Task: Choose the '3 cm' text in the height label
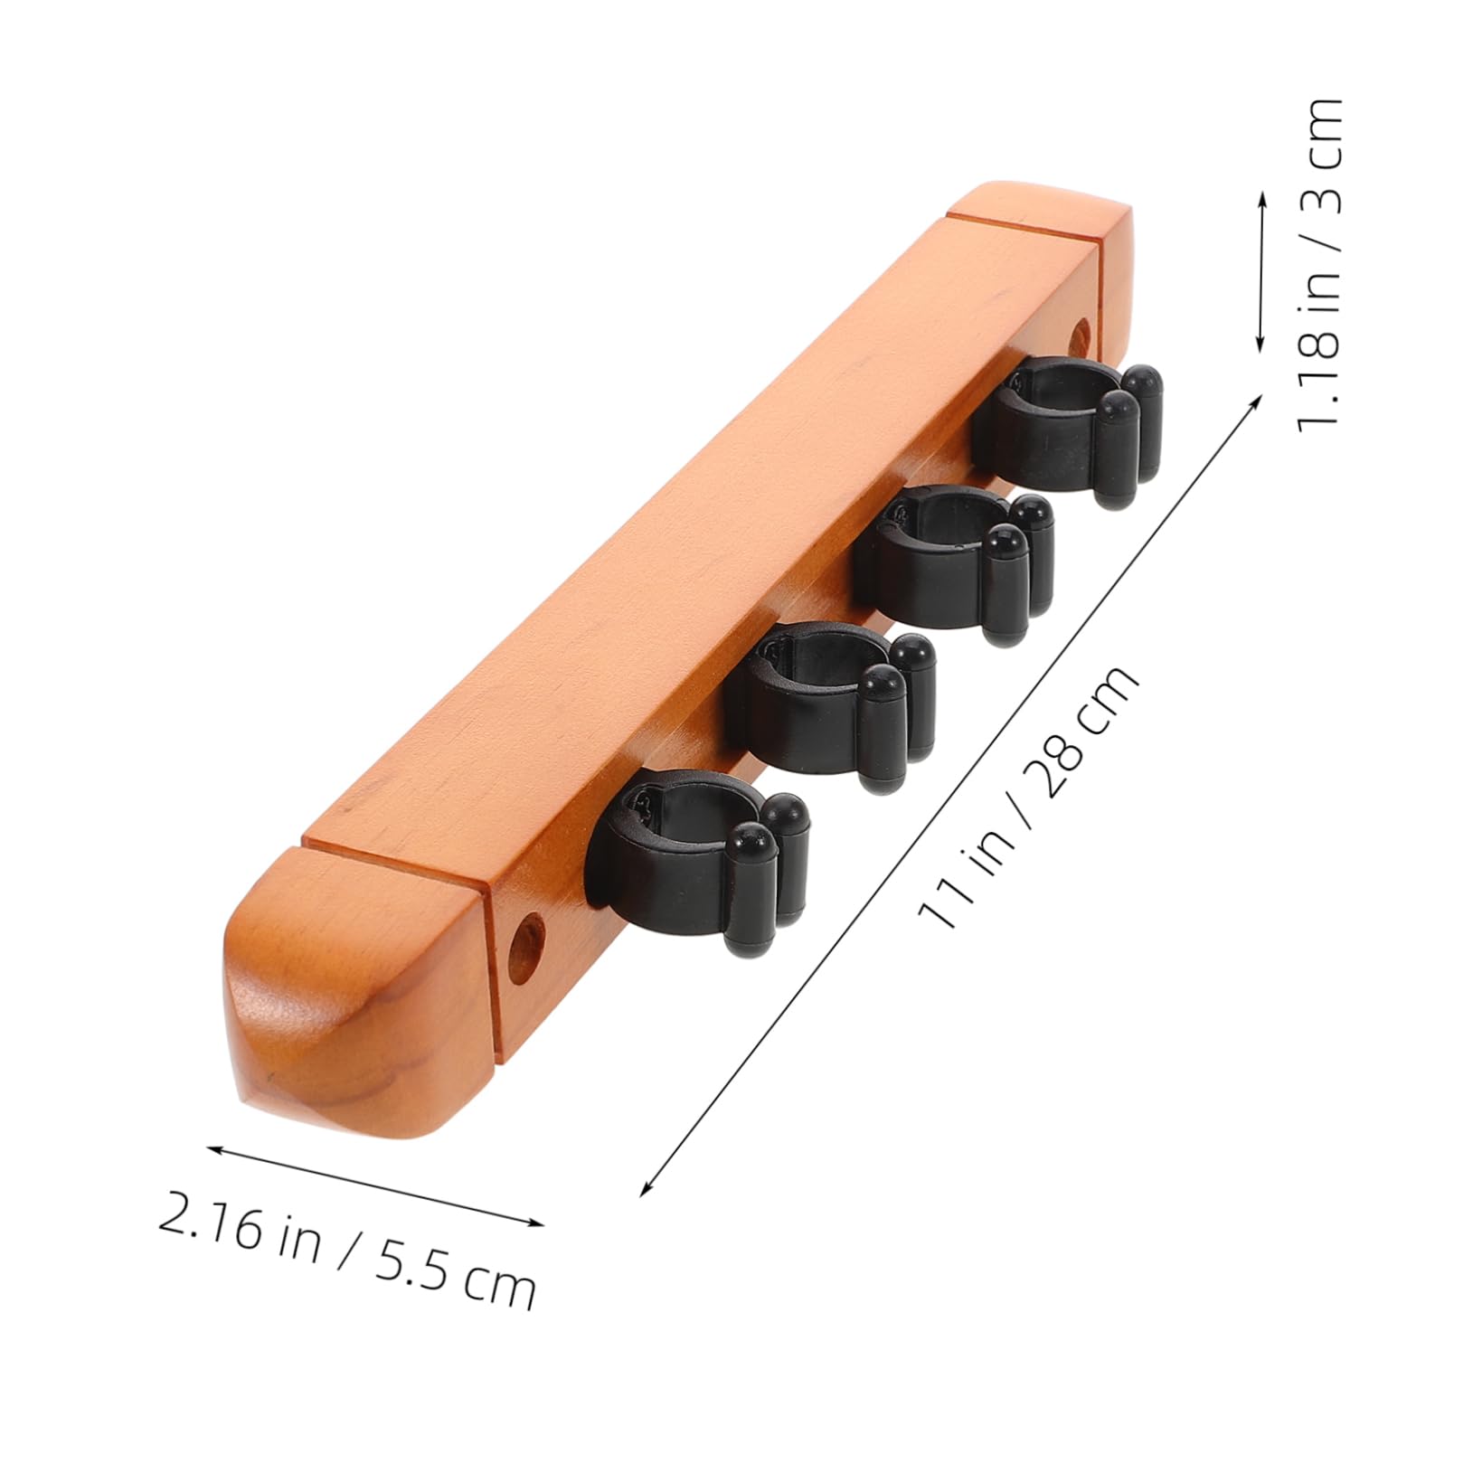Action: pos(1316,154)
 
